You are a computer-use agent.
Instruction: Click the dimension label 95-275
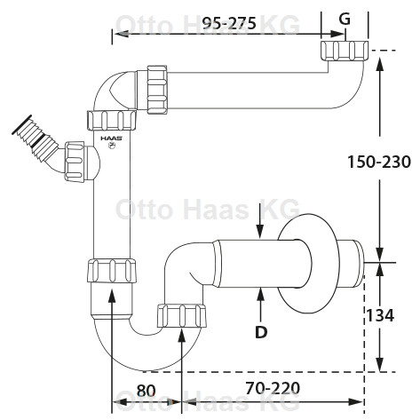coord(230,23)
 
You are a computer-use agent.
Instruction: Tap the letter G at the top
coord(345,20)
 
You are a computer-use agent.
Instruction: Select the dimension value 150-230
coord(379,162)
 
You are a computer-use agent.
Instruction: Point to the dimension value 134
coord(380,315)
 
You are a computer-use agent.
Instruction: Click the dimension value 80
coord(146,391)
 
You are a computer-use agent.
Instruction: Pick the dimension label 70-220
coord(273,388)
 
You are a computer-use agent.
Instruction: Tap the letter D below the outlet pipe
coord(261,332)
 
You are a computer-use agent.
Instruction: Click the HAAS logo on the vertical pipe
coord(111,138)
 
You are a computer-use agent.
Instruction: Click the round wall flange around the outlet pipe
coord(308,263)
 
